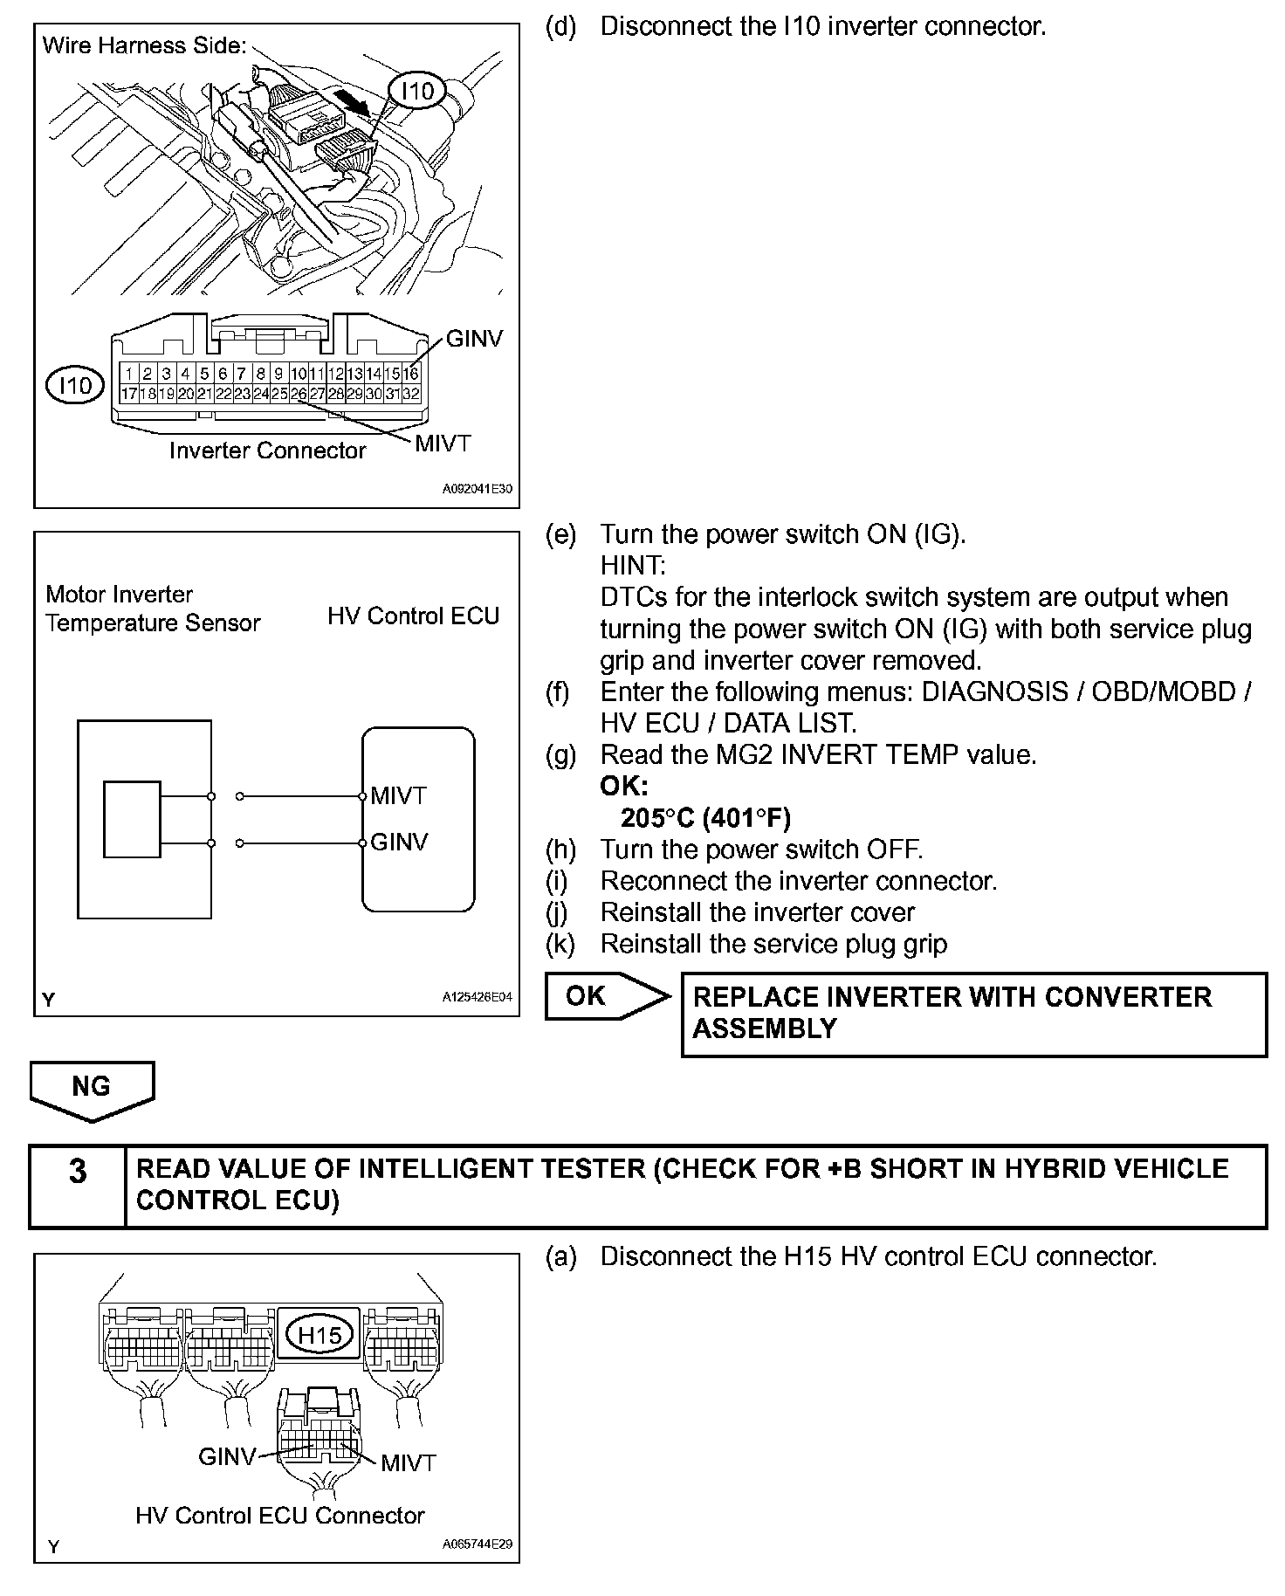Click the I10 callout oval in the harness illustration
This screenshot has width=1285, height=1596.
pyautogui.click(x=417, y=91)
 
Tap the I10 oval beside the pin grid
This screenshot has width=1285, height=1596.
pyautogui.click(x=75, y=385)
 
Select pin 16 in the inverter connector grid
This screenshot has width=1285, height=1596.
pyautogui.click(x=411, y=374)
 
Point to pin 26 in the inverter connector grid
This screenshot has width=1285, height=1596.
pyautogui.click(x=299, y=394)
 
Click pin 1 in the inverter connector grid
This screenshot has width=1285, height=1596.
pyautogui.click(x=127, y=374)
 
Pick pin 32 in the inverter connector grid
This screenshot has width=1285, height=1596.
pyautogui.click(x=411, y=394)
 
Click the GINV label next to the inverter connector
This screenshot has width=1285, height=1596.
pyautogui.click(x=474, y=339)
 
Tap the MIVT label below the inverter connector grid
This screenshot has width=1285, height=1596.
pyautogui.click(x=443, y=444)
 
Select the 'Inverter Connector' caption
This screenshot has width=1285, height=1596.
pyautogui.click(x=267, y=451)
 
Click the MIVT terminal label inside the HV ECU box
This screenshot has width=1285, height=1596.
pyautogui.click(x=398, y=796)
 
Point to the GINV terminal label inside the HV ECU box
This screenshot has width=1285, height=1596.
pyautogui.click(x=399, y=843)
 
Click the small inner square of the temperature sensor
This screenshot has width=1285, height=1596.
pyautogui.click(x=132, y=819)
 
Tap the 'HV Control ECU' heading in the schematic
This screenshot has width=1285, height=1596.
pyautogui.click(x=413, y=616)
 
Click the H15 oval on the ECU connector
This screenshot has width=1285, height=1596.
pyautogui.click(x=320, y=1335)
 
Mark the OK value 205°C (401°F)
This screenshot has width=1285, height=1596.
pyautogui.click(x=705, y=818)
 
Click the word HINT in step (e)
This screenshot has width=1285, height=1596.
pyautogui.click(x=633, y=566)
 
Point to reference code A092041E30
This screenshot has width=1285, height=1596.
pyautogui.click(x=477, y=490)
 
